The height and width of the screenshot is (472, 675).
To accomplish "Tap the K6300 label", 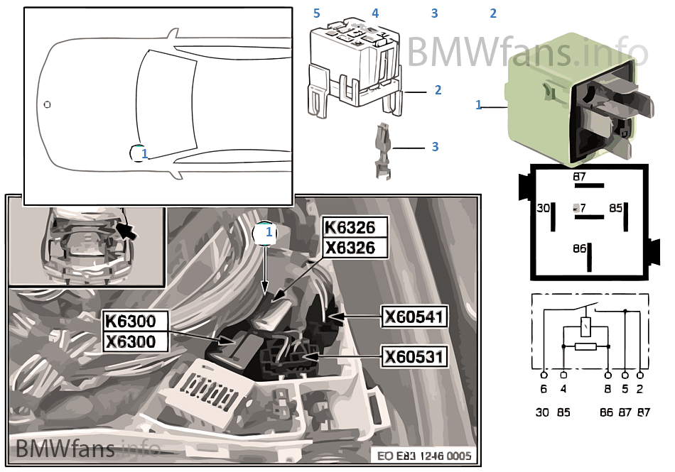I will [x=130, y=321].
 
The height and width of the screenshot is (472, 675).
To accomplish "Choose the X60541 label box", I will [x=414, y=317].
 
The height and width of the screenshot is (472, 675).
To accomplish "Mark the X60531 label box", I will [x=414, y=356].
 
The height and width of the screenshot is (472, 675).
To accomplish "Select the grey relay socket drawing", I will [x=353, y=67].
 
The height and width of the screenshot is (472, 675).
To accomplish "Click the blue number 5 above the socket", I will [x=317, y=13].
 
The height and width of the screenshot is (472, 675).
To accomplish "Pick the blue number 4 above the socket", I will [x=375, y=13].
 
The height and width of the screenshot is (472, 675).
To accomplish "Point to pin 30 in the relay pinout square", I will [x=544, y=209].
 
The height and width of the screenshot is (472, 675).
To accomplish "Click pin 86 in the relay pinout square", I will [x=580, y=249].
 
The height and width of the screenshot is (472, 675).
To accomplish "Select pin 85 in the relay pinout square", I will [x=616, y=209].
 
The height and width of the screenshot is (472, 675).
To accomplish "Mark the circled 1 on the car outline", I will [x=140, y=153].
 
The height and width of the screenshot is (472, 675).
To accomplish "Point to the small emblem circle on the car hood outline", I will [x=47, y=104].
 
